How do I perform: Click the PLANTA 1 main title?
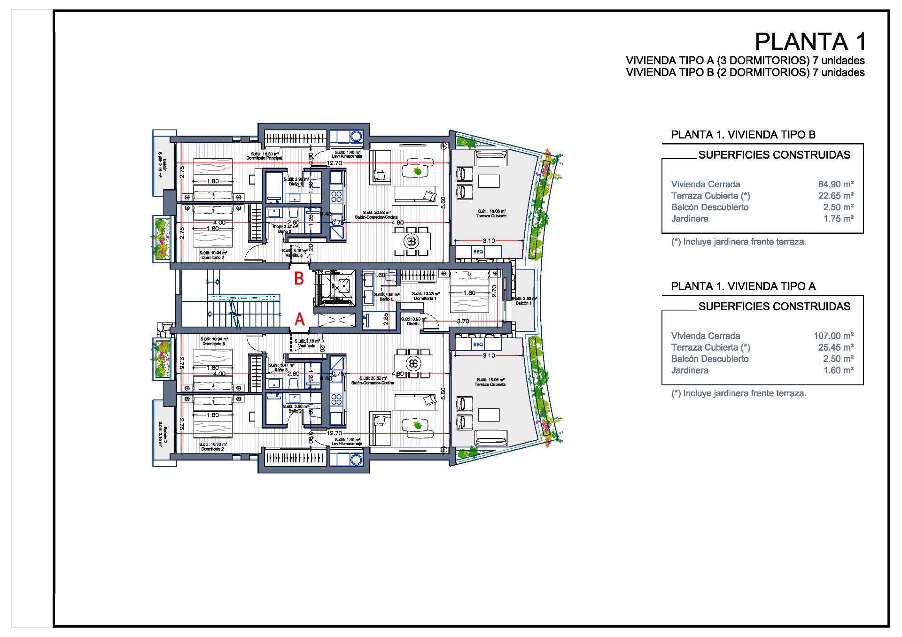tap(810, 42)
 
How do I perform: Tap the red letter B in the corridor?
tap(299, 279)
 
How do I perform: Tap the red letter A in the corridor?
tap(299, 320)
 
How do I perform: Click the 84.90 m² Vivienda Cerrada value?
tap(836, 184)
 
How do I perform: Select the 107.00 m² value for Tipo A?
tap(833, 336)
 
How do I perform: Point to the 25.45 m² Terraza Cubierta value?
tap(836, 347)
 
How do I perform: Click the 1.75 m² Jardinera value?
tap(838, 219)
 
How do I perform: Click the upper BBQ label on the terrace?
tap(478, 252)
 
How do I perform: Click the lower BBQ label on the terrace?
tap(478, 345)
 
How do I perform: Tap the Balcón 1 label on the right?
tap(524, 303)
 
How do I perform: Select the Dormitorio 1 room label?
tap(425, 299)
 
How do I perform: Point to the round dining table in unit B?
tap(412, 241)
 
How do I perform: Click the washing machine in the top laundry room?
tap(356, 137)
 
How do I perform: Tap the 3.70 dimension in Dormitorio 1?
tap(463, 322)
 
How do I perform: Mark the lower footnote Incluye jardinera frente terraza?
tap(739, 394)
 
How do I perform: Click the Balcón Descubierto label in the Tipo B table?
tap(710, 207)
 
